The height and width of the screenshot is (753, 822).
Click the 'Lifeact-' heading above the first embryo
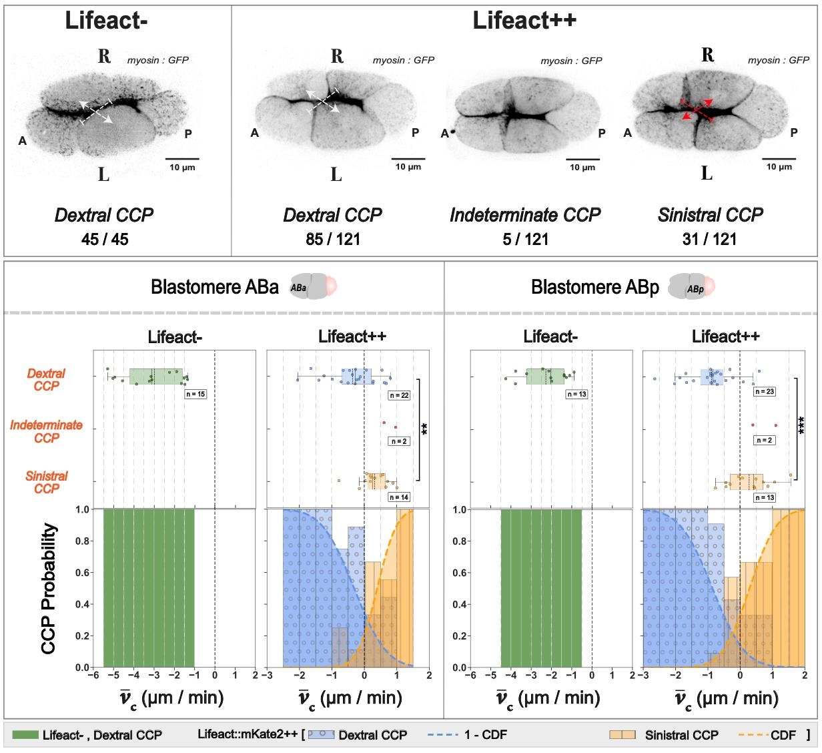(x=106, y=21)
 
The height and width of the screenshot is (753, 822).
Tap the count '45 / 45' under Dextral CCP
(x=105, y=239)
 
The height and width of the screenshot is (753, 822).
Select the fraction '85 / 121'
(x=332, y=239)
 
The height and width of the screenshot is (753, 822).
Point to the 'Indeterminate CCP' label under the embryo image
(x=525, y=215)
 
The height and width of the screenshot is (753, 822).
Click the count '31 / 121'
(x=710, y=239)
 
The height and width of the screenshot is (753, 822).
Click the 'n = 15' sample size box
(x=196, y=394)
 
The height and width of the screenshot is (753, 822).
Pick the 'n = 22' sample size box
(x=399, y=395)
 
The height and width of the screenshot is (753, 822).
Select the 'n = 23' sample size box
(x=764, y=391)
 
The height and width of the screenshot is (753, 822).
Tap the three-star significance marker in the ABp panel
(x=802, y=425)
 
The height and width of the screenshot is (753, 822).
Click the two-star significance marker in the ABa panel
(x=424, y=429)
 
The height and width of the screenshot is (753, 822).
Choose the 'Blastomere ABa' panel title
(x=215, y=287)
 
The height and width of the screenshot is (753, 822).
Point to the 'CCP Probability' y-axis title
(x=49, y=588)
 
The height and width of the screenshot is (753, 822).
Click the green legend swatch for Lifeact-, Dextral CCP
(x=25, y=735)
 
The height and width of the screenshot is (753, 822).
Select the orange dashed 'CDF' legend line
(x=752, y=735)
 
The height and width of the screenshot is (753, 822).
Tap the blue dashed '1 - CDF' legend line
(x=442, y=735)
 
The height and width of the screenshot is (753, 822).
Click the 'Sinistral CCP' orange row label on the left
(x=47, y=482)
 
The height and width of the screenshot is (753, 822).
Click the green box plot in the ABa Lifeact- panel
(x=156, y=376)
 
